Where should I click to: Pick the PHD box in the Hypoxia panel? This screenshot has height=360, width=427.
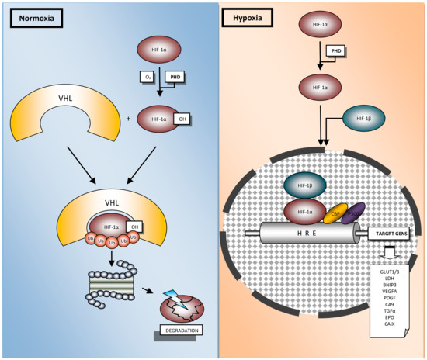coord(336,50)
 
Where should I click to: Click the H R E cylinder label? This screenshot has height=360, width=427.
coord(308,233)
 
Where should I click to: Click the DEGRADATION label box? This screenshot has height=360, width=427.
coord(180,330)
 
